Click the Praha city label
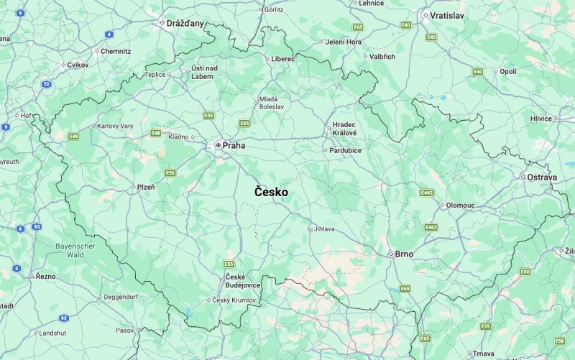tap(234, 146)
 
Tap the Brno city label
tap(405, 254)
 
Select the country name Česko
tap(271, 193)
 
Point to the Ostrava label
tap(542, 177)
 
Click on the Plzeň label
tap(146, 188)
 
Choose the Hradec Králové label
tap(344, 129)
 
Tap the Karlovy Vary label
tap(116, 126)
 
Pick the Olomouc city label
tap(460, 205)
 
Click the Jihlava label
tap(324, 229)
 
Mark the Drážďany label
tap(185, 23)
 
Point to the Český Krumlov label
tap(234, 300)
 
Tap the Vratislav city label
tap(447, 15)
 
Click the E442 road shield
tap(427, 193)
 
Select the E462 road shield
tap(431, 227)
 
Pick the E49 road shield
tap(73, 136)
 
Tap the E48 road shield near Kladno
tap(156, 133)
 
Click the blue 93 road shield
tap(37, 226)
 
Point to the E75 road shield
tap(486, 326)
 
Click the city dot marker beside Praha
tap(218, 146)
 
